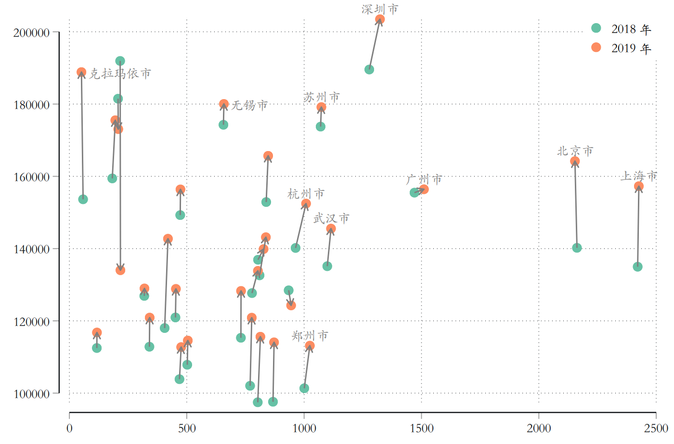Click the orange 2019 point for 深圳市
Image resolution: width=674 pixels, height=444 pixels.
coord(380,20)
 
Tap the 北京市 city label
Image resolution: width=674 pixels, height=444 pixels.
coord(575,151)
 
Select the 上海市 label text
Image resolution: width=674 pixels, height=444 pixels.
coord(638,176)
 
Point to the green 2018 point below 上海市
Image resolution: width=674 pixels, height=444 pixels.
coord(637,266)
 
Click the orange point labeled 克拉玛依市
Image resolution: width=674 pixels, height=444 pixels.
coord(81,72)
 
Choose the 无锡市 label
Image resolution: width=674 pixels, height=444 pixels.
coord(249,105)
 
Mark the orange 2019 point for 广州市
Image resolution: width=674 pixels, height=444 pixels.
coord(424,189)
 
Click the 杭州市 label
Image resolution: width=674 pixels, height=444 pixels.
coord(306,194)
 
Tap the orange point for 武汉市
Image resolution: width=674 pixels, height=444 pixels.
coord(331,229)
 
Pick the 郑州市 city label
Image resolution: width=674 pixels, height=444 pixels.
coord(310,335)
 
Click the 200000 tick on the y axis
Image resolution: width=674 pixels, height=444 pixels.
coord(32,33)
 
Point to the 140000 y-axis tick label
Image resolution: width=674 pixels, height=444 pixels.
coord(32,249)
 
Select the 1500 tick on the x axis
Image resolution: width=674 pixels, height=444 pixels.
coord(422,428)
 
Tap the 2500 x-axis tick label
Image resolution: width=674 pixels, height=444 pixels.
coord(656,428)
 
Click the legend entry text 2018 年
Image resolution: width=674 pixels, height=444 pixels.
coord(631,29)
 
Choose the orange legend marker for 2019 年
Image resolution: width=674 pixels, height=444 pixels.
coord(596,47)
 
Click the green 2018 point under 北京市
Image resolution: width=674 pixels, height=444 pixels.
coord(577,248)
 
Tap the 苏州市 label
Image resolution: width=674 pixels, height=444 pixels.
coord(321,97)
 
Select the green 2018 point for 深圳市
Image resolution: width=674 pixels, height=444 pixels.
coord(369,69)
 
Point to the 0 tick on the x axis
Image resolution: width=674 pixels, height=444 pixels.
coord(69,428)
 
